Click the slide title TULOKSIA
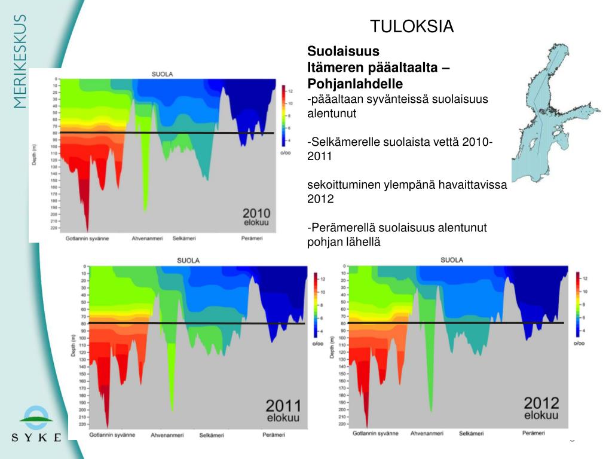tap(412, 27)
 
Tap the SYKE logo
tap(36, 424)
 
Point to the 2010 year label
tap(256, 213)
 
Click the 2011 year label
tap(283, 405)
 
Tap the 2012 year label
tap(541, 403)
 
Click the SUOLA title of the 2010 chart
tap(162, 74)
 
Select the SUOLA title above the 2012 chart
tap(452, 260)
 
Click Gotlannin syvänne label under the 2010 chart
tap(88, 238)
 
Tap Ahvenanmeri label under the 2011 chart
tap(166, 435)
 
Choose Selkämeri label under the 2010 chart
tap(184, 238)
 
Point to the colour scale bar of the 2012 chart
tap(578, 304)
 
